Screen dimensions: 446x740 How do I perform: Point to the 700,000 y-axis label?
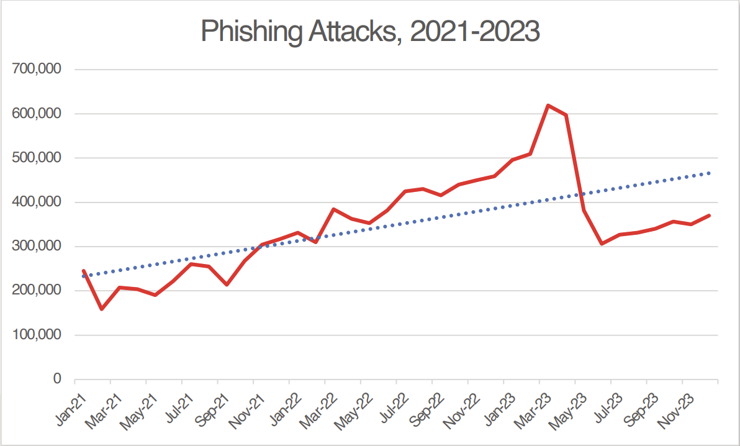[37, 70]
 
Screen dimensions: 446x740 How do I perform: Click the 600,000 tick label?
[37, 114]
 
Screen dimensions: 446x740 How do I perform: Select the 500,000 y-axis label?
[37, 158]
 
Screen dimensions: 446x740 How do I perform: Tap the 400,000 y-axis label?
[37, 202]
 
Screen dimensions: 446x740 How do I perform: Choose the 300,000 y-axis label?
[37, 247]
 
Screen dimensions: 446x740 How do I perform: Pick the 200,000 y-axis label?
[37, 291]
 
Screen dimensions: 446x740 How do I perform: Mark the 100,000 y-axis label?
[37, 335]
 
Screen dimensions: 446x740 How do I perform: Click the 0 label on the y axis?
[57, 379]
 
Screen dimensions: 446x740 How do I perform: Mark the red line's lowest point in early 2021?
[101, 309]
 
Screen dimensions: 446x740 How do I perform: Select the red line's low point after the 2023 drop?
[602, 244]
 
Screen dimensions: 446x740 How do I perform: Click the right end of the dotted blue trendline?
[710, 173]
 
